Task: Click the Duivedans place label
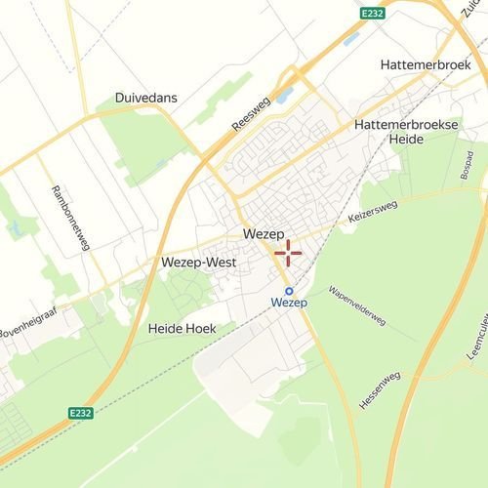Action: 146,99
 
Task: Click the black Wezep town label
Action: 261,235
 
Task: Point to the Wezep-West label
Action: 193,264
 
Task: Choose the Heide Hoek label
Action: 182,329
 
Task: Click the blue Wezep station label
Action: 289,305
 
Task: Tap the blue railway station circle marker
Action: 289,290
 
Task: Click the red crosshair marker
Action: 288,254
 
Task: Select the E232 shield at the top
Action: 372,14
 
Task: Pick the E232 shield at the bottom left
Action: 82,414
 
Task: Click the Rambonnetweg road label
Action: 70,217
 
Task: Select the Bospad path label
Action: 468,165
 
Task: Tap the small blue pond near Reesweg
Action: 284,97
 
